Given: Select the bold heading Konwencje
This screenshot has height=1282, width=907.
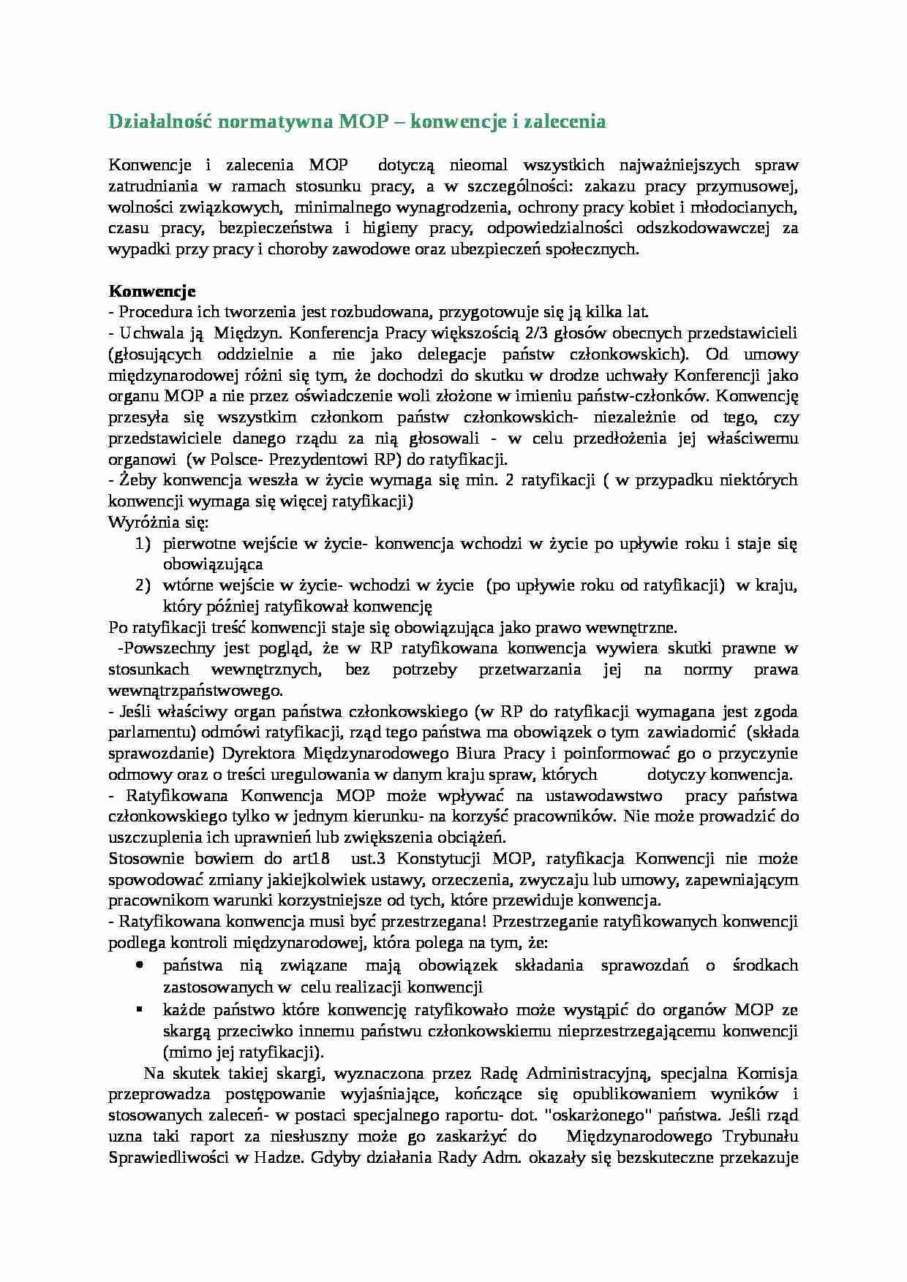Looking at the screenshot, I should coord(151,291).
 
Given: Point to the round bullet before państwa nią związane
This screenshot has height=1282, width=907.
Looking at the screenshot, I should coord(140,966).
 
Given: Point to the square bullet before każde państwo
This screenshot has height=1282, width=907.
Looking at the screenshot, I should coord(140,1009).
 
